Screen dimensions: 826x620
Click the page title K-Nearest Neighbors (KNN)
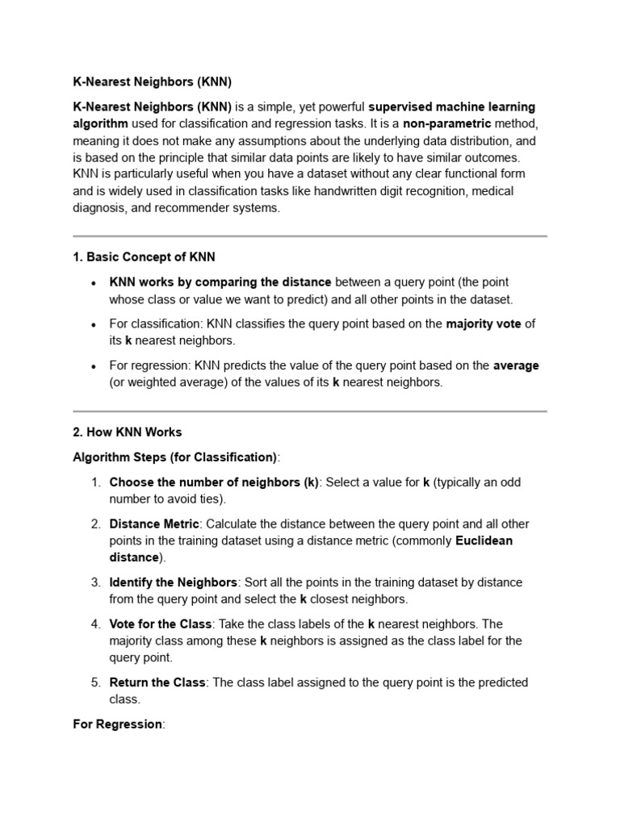[x=152, y=81]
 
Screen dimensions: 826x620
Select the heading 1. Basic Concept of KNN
[x=144, y=257]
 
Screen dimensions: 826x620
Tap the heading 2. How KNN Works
[x=128, y=432]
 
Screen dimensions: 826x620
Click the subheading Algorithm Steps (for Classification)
[x=174, y=457]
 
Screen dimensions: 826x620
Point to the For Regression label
[x=118, y=724]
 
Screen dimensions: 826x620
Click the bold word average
[x=516, y=365]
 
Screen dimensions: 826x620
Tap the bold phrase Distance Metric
[x=154, y=524]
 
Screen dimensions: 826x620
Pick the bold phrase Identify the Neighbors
[x=174, y=582]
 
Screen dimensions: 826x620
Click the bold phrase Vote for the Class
[x=161, y=624]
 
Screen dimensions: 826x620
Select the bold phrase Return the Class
[x=157, y=682]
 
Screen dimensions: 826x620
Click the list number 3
[x=94, y=582]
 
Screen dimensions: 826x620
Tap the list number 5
[x=94, y=682]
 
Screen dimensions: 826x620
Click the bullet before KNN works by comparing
[x=94, y=282]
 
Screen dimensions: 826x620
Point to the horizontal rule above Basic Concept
[x=310, y=236]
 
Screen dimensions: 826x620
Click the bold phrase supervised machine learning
[x=452, y=106]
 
